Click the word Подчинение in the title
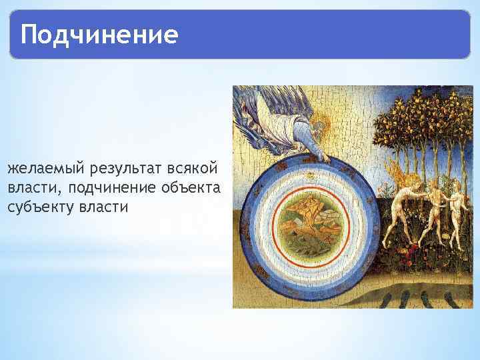click(x=99, y=34)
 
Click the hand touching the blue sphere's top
click(x=325, y=157)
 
